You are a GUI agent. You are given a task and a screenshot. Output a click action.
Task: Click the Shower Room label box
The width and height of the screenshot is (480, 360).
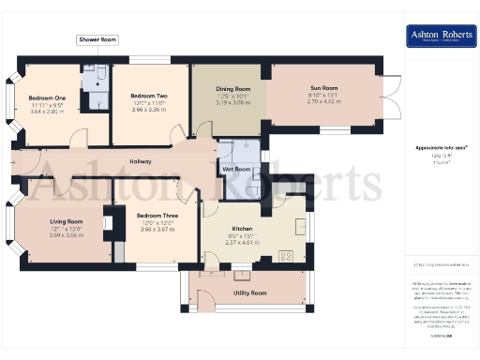97,40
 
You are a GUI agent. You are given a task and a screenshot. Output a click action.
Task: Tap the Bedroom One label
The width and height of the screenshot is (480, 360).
47,97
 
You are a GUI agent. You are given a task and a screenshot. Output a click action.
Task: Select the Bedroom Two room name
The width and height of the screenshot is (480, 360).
149,97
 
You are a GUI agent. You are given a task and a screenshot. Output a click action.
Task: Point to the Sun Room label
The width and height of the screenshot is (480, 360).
323,88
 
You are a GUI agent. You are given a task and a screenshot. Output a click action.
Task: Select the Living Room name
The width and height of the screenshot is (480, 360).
67,221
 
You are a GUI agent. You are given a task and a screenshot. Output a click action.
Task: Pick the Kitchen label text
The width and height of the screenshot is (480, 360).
242,230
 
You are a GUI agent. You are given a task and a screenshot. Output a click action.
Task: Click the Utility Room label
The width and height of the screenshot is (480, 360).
249,292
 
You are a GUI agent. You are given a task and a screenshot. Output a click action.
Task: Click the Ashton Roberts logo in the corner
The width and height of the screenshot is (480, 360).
437,37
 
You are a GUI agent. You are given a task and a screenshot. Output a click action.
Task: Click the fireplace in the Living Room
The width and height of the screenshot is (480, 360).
108,225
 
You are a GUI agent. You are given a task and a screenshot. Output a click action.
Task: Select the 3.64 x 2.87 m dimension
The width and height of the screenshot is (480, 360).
47,111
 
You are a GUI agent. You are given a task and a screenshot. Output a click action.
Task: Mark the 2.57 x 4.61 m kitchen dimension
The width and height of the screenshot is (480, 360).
242,243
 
